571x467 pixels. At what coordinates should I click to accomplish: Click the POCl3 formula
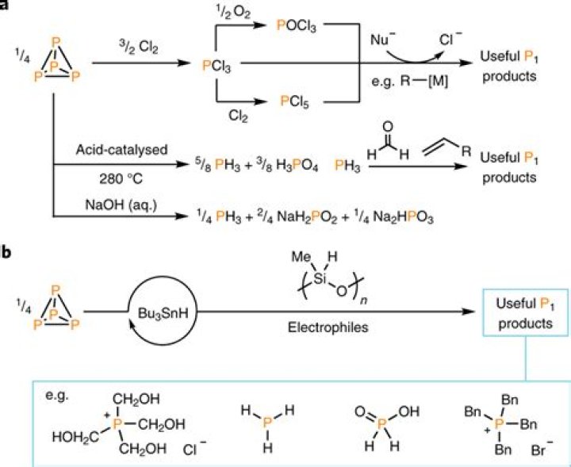pos(297,27)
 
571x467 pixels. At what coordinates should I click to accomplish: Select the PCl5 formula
pos(294,101)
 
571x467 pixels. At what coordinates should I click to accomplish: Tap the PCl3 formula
pos(217,67)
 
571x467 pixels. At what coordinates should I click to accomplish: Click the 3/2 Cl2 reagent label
pos(137,47)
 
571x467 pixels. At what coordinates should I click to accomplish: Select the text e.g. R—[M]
pos(410,82)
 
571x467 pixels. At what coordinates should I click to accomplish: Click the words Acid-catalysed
pos(122,150)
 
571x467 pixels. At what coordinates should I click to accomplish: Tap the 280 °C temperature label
pos(121,179)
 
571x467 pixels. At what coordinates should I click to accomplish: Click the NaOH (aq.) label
pos(121,205)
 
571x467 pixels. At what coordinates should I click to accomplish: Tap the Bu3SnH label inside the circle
pos(163,313)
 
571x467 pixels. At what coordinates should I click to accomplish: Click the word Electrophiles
pos(328,327)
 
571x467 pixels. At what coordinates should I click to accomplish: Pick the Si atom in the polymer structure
pos(320,278)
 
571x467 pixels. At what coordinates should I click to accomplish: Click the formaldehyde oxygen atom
pos(388,127)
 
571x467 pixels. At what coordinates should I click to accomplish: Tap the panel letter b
pos(6,252)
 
